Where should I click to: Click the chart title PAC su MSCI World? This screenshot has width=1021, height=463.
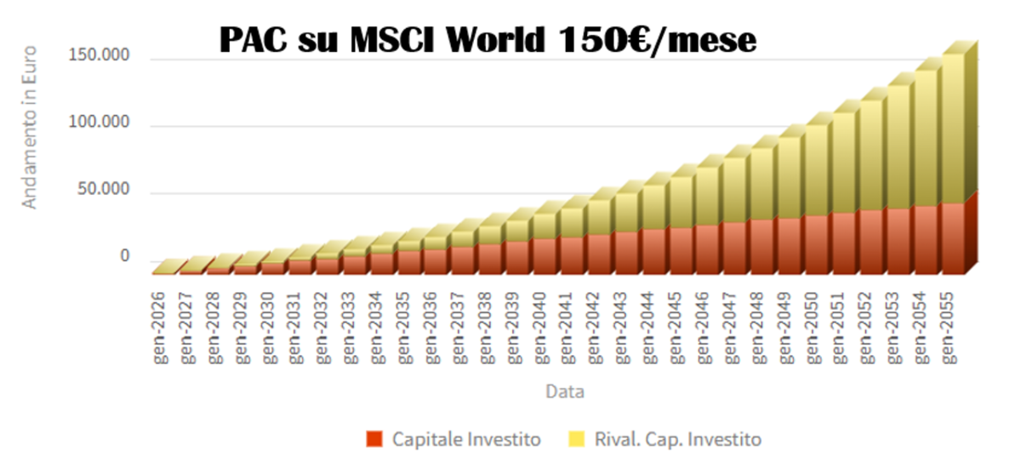pyautogui.click(x=488, y=41)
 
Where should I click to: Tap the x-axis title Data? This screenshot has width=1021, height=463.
pyautogui.click(x=564, y=392)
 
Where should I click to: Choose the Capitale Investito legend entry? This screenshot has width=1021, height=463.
pyautogui.click(x=466, y=439)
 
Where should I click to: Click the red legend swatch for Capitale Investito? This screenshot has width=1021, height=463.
pyautogui.click(x=374, y=439)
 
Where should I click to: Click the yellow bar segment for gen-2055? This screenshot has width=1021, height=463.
pyautogui.click(x=952, y=128)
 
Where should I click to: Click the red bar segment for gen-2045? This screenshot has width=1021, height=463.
pyautogui.click(x=680, y=250)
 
